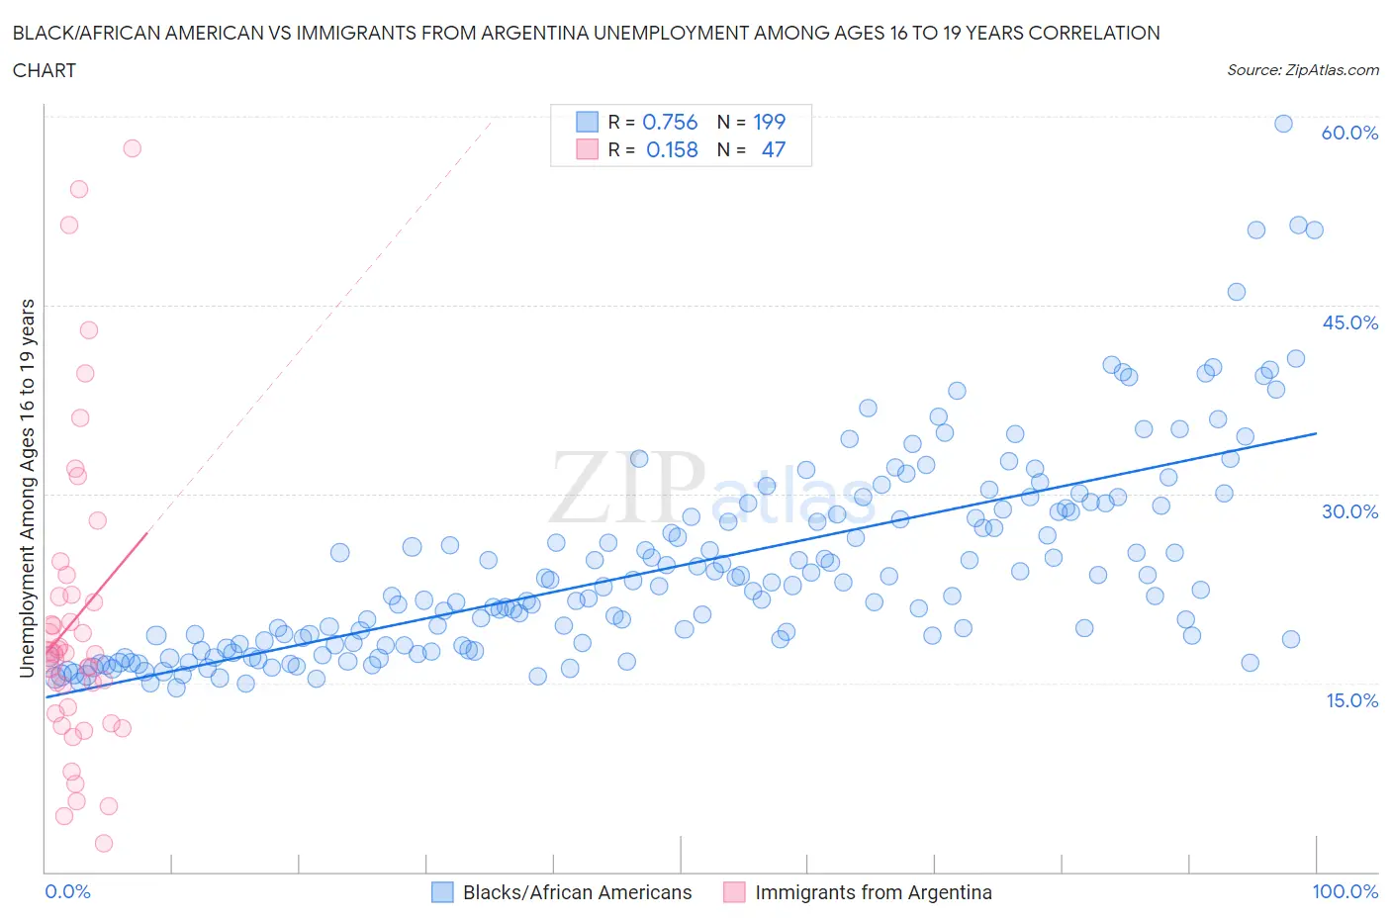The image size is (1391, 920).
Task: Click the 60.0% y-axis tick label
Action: pyautogui.click(x=1349, y=133)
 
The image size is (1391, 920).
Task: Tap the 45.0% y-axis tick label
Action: pyautogui.click(x=1349, y=322)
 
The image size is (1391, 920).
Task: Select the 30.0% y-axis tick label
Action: pyautogui.click(x=1349, y=511)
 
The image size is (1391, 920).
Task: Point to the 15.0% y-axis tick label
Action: pyautogui.click(x=1349, y=700)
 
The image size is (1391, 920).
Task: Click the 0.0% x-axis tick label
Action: pyautogui.click(x=68, y=891)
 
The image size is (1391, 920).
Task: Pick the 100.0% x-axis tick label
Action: pyautogui.click(x=1345, y=891)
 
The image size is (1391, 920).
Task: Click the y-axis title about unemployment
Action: pyautogui.click(x=27, y=489)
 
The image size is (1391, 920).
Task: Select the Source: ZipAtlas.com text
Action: pyautogui.click(x=1302, y=69)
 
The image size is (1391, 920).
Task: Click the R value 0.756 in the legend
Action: pyautogui.click(x=670, y=122)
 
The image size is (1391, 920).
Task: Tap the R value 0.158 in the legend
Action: pyautogui.click(x=672, y=149)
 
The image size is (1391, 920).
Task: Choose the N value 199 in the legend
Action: pyautogui.click(x=769, y=122)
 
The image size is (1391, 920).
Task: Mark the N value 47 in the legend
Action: pyautogui.click(x=773, y=149)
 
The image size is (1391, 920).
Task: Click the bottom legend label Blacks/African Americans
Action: pyautogui.click(x=577, y=892)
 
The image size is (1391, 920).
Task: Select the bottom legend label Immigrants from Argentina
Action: pyautogui.click(x=873, y=892)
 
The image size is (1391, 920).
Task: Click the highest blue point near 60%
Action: pyautogui.click(x=1283, y=124)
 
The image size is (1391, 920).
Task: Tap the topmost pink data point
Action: pyautogui.click(x=132, y=148)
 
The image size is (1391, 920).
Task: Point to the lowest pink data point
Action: pyautogui.click(x=104, y=843)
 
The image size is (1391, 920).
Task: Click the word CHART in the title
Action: pyautogui.click(x=45, y=70)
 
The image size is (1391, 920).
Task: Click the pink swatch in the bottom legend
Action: pyautogui.click(x=734, y=892)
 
